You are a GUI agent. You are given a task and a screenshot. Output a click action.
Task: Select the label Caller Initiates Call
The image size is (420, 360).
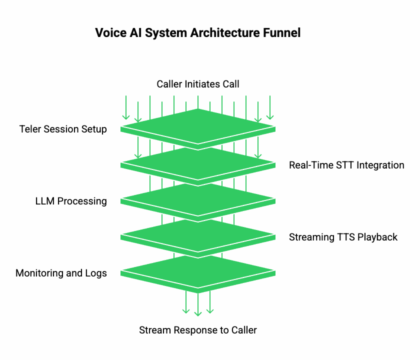(198, 84)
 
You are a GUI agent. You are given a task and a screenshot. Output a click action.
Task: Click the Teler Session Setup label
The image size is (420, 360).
(63, 129)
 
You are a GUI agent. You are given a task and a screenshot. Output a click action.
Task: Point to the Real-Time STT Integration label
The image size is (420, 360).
(346, 165)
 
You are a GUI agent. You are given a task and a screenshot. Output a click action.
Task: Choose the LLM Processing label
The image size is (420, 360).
(71, 201)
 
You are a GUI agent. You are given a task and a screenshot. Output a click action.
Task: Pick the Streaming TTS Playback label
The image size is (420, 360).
(343, 237)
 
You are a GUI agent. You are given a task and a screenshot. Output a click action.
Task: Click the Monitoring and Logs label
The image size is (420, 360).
(61, 273)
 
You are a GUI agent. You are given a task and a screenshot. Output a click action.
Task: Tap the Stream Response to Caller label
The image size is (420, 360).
(198, 330)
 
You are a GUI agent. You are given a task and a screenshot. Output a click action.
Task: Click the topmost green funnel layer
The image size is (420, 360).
(198, 125)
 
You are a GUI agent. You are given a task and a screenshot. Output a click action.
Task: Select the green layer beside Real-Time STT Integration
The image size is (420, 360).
(198, 162)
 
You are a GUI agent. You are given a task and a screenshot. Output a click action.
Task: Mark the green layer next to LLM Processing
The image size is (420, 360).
(198, 198)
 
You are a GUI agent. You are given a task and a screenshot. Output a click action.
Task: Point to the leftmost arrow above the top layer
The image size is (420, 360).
(126, 107)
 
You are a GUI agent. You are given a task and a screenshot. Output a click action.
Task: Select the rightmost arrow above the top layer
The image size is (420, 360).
(270, 107)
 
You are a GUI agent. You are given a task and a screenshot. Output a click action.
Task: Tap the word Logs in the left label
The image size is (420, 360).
(96, 273)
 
